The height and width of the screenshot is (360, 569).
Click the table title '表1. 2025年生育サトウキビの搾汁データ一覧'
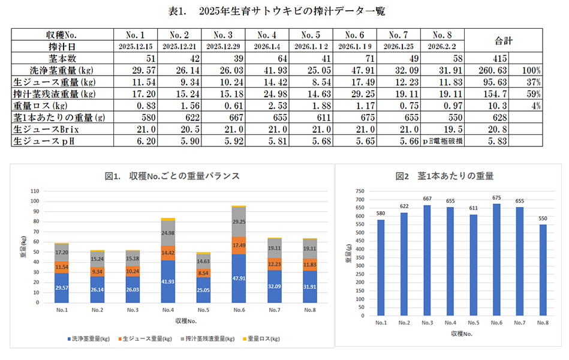click(285, 11)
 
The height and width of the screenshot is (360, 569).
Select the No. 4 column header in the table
click(266, 35)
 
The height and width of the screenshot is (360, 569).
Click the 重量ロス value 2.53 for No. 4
click(266, 105)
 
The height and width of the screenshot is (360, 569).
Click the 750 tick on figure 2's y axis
click(360, 191)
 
